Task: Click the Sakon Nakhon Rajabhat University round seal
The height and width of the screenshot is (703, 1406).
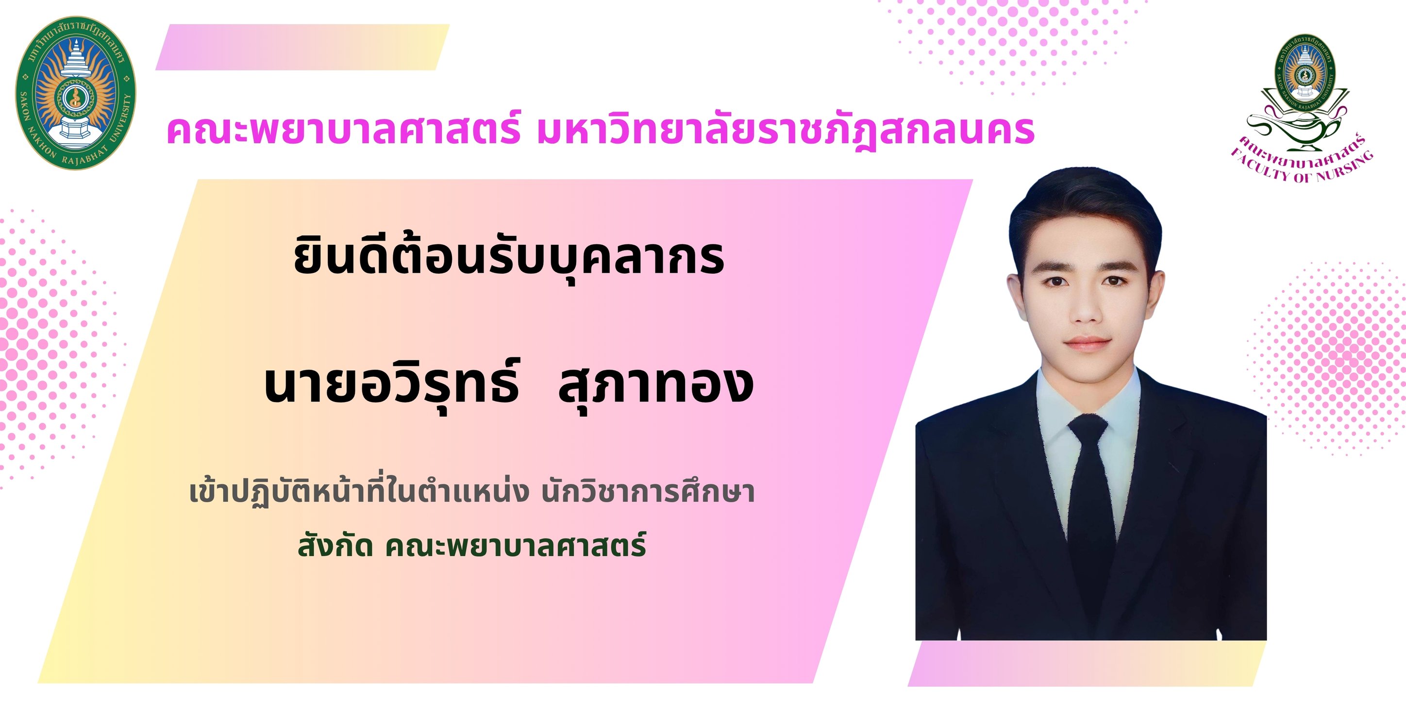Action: point(75,93)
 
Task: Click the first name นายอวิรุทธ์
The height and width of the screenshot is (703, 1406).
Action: point(391,385)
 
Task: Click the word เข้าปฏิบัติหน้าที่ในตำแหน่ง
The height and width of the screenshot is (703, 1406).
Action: point(359,492)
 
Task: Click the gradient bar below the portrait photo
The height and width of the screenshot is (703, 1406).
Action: point(1086,663)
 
